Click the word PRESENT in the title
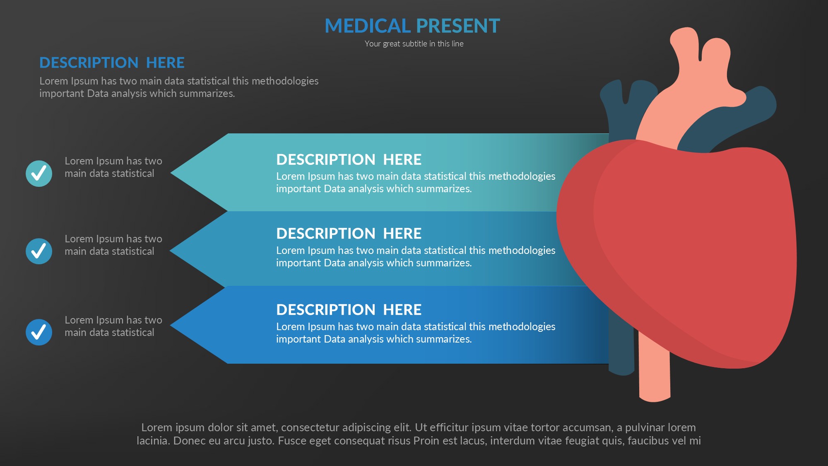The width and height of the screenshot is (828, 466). [x=458, y=26]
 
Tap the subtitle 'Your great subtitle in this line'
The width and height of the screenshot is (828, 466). [x=414, y=44]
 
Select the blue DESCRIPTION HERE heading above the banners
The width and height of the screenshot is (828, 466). [x=112, y=63]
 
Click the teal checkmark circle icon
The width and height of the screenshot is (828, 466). [x=39, y=174]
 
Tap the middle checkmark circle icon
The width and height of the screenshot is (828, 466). [x=39, y=251]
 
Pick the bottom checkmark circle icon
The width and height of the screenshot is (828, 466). [x=39, y=332]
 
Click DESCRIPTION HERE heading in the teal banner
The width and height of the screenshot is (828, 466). [x=349, y=159]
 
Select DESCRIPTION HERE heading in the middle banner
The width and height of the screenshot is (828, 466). [x=349, y=234]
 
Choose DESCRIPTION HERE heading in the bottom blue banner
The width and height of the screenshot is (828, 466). [x=349, y=310]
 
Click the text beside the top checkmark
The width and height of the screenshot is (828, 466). [x=113, y=167]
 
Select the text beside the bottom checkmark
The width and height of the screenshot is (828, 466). [x=113, y=326]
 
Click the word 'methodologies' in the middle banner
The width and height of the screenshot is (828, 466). [x=522, y=251]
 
